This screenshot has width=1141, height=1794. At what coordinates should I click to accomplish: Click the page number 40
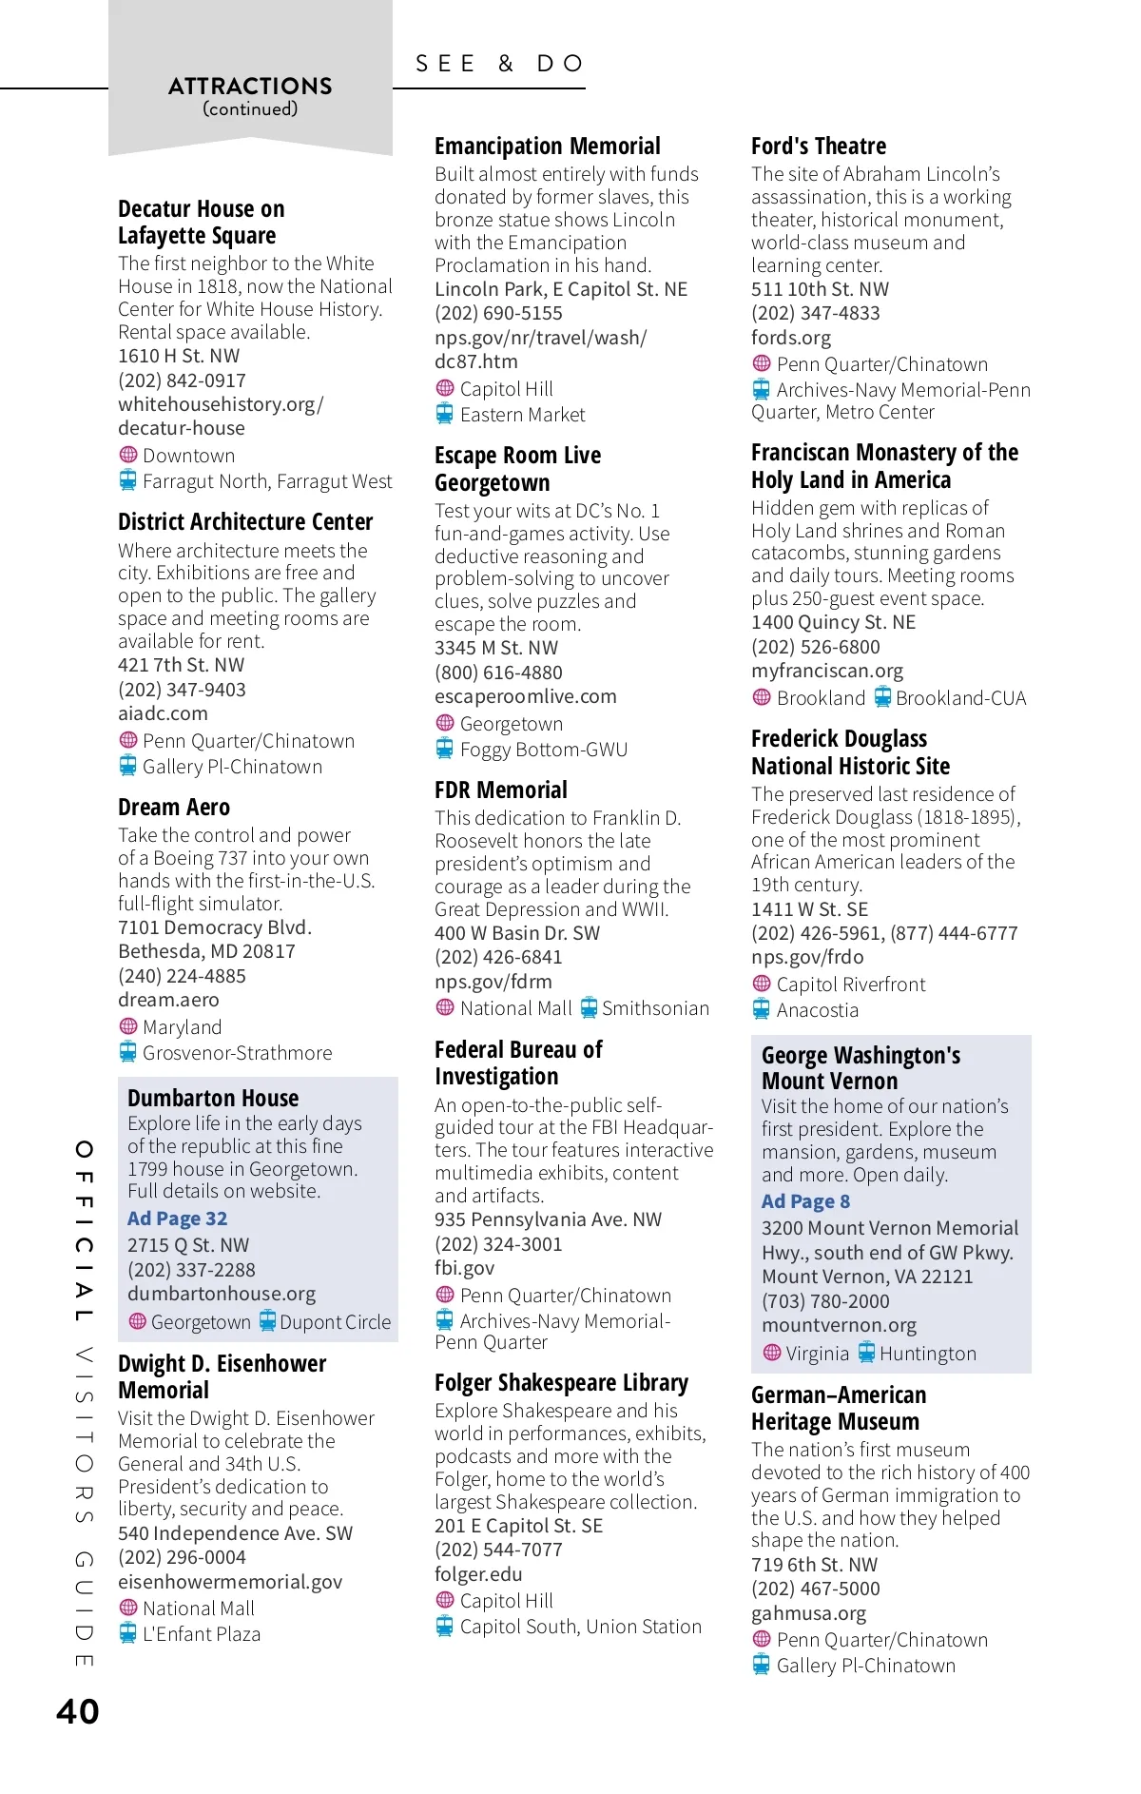(78, 1711)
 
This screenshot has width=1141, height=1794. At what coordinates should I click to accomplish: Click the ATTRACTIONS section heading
(250, 87)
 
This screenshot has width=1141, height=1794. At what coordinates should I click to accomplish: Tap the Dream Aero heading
(174, 808)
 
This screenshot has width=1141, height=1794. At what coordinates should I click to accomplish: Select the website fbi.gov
(464, 1268)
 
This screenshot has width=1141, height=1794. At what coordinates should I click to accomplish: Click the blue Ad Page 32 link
(178, 1219)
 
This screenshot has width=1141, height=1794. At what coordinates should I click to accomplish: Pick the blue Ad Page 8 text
(805, 1201)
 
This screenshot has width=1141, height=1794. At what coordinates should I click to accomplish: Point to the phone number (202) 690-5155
(498, 313)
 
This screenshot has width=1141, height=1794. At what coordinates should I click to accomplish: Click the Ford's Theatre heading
(818, 146)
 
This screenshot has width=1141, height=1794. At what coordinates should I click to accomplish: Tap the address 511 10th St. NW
(820, 289)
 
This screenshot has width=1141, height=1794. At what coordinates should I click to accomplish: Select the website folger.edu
(478, 1574)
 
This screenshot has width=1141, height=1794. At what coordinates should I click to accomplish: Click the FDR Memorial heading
(500, 790)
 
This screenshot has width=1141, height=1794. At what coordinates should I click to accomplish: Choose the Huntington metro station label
(927, 1354)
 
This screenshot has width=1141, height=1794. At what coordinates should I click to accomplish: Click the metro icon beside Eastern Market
(445, 414)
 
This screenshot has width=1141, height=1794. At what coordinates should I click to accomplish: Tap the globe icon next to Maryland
(128, 1026)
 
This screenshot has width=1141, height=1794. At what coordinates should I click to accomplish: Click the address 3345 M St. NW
(496, 648)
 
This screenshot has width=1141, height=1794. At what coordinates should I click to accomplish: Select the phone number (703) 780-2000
(825, 1301)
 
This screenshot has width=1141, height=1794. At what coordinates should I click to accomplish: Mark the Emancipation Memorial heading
(547, 146)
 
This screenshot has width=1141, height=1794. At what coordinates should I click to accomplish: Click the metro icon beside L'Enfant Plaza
(128, 1633)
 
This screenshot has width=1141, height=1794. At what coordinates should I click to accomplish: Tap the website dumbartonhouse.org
(222, 1294)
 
